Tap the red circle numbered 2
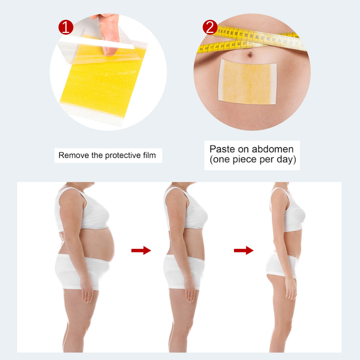click(x=210, y=27)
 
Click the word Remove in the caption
click(x=71, y=156)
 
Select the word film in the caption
click(x=149, y=156)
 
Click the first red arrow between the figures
click(x=140, y=250)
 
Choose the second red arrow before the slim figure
click(x=243, y=250)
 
